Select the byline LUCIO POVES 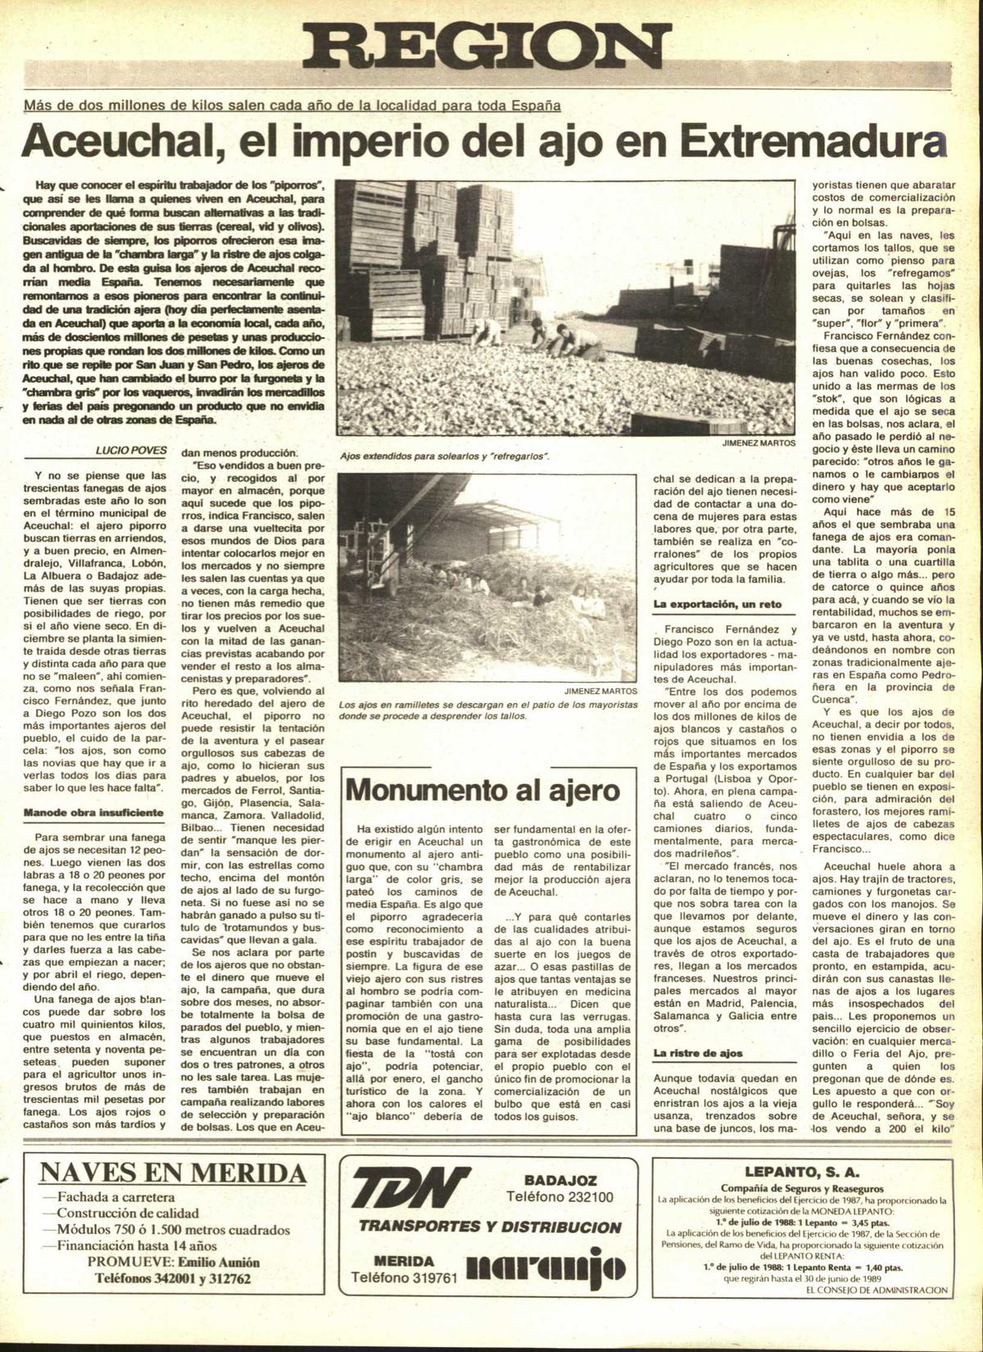[130, 450]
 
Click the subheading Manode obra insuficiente [93, 813]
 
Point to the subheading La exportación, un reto [718, 604]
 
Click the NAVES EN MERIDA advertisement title [173, 1173]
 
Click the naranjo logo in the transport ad [546, 1270]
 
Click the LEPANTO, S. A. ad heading [801, 1172]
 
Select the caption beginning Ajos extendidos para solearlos [444, 456]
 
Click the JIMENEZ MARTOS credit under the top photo [758, 442]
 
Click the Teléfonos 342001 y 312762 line [173, 1278]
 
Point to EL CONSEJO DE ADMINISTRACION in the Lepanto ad [877, 1290]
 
